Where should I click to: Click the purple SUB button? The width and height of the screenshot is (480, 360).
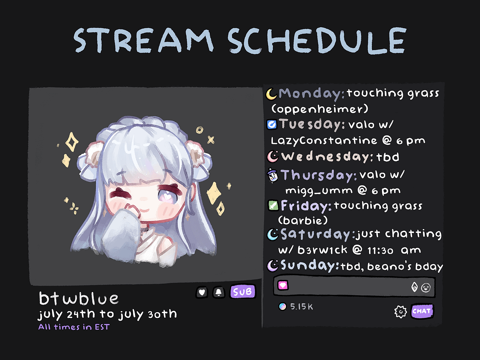tap(243, 292)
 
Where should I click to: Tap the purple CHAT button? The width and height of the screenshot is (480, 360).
tap(422, 311)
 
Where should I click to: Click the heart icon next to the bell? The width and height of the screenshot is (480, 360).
tap(202, 292)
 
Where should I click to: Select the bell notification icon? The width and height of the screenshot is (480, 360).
tap(218, 292)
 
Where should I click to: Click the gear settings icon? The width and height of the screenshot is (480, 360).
tap(400, 312)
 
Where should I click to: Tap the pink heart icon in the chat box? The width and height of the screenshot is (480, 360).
tap(283, 285)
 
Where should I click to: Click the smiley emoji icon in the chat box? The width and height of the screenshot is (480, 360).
tap(426, 287)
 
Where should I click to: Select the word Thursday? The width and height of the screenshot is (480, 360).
tap(318, 175)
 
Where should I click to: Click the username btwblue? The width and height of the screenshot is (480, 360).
tap(79, 298)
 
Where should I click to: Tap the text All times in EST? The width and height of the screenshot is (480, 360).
tap(74, 327)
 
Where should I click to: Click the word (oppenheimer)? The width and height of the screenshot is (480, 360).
tap(320, 109)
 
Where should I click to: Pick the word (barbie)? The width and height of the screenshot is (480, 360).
tap(303, 220)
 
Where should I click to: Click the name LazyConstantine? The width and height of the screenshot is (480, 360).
tap(324, 141)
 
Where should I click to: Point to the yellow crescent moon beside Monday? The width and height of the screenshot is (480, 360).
tap(271, 94)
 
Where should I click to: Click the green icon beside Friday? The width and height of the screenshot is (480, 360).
tap(273, 205)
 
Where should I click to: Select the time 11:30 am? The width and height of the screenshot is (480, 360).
tap(394, 251)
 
